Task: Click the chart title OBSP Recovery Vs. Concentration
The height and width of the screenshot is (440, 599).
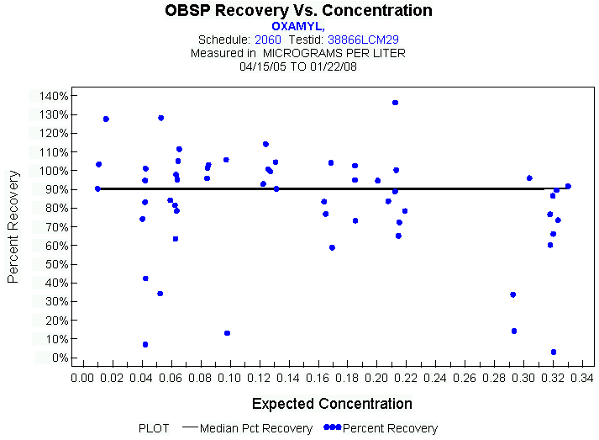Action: pos(299,11)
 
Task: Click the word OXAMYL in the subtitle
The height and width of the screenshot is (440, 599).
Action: pos(297,26)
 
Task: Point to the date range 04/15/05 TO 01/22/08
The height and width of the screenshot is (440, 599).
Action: pos(298,65)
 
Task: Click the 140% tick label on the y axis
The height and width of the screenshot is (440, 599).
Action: pos(53,96)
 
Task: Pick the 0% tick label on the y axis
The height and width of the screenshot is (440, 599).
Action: pos(59,358)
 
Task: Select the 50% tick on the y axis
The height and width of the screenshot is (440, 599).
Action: pos(55,264)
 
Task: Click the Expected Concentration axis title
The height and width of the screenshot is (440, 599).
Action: pos(332,404)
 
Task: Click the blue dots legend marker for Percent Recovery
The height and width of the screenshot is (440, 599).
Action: pos(332,428)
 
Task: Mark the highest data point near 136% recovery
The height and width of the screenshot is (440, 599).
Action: pos(395,103)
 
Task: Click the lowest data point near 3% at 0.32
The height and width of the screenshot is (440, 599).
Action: pos(554,352)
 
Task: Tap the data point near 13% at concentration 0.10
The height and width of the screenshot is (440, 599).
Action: pos(227,333)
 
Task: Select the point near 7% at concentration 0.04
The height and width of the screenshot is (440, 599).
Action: pos(145,344)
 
